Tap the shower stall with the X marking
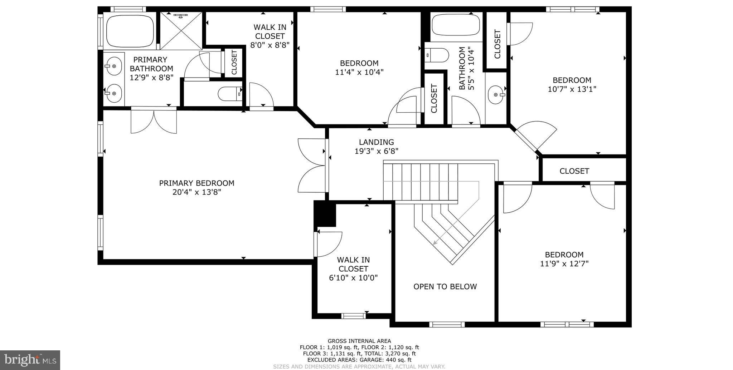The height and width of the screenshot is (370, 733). coord(181,31)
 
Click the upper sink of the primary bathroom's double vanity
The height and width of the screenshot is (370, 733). coord(114,66)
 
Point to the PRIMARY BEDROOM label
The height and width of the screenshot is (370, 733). coord(196,183)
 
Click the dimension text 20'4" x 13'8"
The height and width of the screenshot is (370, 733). coord(196,192)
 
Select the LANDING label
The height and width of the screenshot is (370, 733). coord(376,142)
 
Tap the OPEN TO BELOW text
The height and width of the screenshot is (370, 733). coord(445,286)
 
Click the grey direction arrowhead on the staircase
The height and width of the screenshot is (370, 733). coord(435,243)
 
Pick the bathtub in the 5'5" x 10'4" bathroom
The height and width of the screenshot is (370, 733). coord(456,25)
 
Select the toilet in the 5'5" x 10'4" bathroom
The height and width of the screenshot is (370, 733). coord(437,55)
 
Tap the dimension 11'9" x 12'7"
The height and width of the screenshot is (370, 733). coord(564,264)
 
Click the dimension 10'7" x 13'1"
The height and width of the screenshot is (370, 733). coord(572,89)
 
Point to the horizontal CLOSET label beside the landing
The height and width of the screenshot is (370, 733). coord(574,171)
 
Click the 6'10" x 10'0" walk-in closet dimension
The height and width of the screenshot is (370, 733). coord(353,277)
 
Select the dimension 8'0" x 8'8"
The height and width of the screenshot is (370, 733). coord(270,45)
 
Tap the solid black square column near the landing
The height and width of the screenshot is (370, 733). coord(325,213)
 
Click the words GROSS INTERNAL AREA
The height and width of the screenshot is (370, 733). coord(359,341)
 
